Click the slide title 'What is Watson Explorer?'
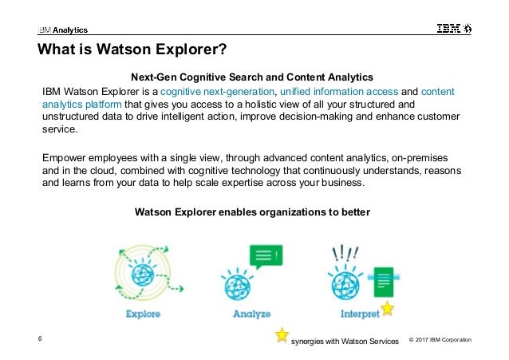133,52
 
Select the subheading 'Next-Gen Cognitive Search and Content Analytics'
254,77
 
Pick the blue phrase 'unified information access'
337,92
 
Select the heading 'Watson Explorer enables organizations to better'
254,212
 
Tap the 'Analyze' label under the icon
251,314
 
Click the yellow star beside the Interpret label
387,307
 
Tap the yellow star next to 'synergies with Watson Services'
282,335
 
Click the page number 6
40,341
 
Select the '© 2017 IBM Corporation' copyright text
440,342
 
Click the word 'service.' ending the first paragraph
61,130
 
